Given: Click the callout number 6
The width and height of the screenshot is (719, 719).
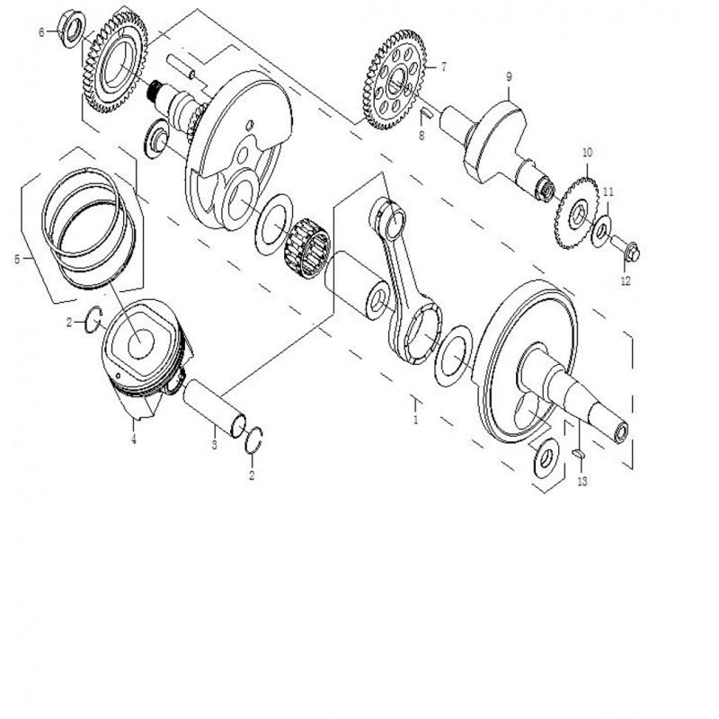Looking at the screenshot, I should [41, 32].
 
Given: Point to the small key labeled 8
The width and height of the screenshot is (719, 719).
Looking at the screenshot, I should [429, 113].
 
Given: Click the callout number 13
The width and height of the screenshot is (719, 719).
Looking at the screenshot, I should [581, 482].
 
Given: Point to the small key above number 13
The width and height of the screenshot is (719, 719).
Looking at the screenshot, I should [579, 455].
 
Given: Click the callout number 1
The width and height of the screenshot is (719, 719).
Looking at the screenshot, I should [416, 420].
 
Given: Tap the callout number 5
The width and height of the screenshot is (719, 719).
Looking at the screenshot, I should [16, 260].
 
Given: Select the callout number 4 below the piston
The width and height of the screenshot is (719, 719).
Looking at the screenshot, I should [133, 439].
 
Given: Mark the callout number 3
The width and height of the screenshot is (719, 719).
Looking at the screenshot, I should [214, 444].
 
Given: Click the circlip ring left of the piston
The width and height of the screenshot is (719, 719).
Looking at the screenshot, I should [93, 319].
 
